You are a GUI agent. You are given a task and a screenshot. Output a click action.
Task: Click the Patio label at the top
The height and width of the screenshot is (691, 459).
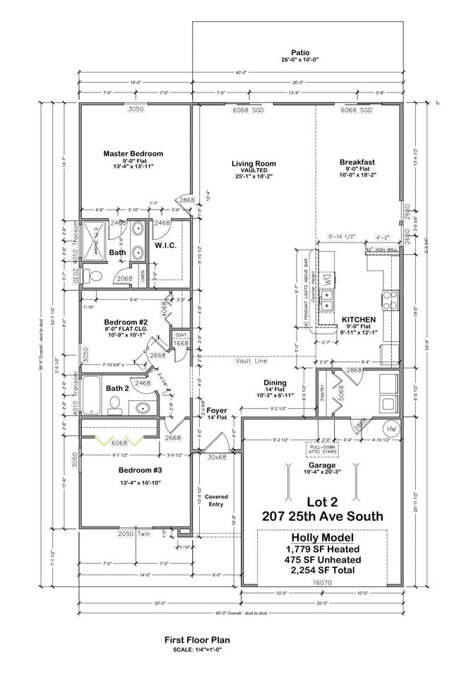299,52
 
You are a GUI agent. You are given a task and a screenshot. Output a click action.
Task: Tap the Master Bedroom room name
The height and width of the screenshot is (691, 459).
133,153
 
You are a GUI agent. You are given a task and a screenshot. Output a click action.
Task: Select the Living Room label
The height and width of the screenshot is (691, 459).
253,164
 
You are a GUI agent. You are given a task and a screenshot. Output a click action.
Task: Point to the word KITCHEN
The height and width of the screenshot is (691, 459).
358,319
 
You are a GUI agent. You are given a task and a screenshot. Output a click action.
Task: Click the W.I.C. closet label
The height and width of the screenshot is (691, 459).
165,246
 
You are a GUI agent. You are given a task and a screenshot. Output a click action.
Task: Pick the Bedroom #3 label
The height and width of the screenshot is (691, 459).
121,469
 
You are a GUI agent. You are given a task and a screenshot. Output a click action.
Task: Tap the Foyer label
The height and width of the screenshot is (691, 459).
217,409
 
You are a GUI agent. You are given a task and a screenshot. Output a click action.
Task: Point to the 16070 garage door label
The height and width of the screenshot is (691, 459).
321,583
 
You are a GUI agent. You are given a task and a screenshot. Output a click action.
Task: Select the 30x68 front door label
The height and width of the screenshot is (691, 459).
216,457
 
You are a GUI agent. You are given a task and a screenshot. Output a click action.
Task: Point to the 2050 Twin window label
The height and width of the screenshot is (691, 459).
134,534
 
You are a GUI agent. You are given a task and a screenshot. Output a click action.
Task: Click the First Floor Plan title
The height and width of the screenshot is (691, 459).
198,639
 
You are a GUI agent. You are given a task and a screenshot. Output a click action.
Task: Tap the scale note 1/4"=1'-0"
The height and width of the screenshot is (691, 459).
198,649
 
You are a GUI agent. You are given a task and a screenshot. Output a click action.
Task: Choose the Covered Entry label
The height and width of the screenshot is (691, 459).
216,500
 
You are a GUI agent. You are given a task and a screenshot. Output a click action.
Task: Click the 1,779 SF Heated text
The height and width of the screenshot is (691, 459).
321,548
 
